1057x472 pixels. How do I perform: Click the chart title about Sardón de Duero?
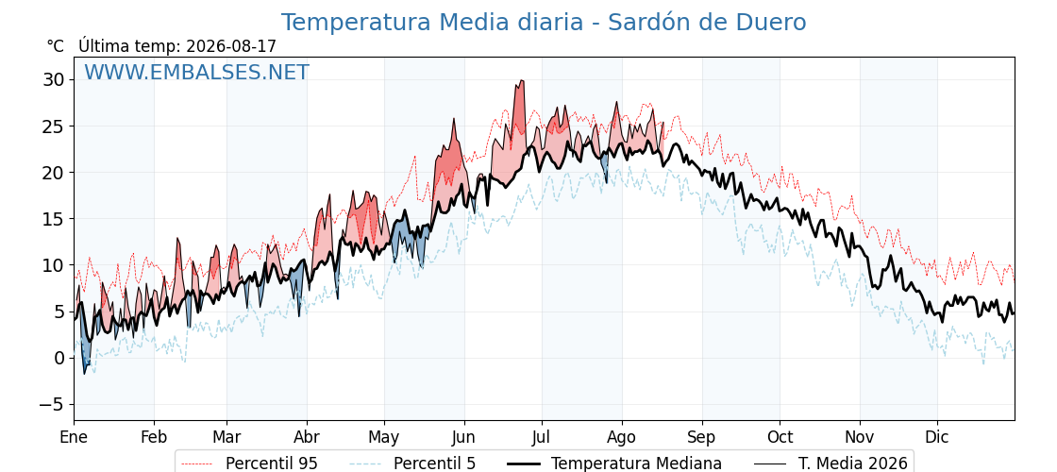coord(544,23)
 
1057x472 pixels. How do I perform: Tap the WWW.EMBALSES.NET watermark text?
coord(197,72)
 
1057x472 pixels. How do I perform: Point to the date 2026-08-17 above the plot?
coord(231,46)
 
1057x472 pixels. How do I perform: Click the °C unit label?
coord(56,46)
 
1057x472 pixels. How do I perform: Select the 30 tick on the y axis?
coord(55,80)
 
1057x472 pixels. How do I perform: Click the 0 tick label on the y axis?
coord(59,358)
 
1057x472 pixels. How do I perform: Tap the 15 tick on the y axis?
coord(55,219)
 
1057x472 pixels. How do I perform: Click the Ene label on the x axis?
coord(75,437)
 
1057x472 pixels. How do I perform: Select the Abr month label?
coord(307,437)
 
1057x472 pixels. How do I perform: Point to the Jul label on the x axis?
coord(542,437)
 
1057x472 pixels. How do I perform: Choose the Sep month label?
coord(702,437)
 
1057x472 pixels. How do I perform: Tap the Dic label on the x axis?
coord(937,437)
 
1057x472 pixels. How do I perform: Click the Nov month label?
coord(860,437)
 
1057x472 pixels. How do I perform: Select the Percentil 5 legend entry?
coord(413,464)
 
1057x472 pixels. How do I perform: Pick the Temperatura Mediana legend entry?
coord(614,464)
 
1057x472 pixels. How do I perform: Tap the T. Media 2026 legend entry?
coord(830,464)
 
